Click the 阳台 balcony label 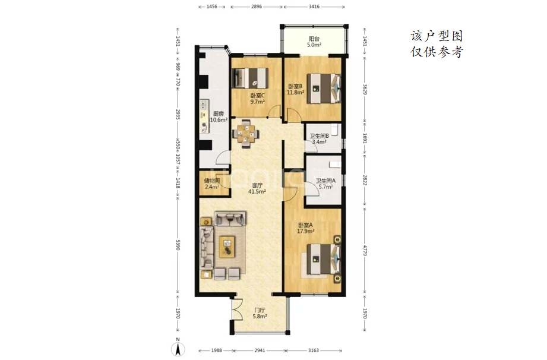(x=314, y=39)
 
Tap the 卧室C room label (x=257, y=96)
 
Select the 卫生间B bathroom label (x=319, y=136)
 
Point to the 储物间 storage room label (x=212, y=181)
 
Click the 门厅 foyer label (x=260, y=310)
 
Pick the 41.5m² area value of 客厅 (x=257, y=191)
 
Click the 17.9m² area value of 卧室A (x=306, y=231)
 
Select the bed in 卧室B (x=323, y=89)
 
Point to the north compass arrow (x=178, y=348)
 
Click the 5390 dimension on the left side (x=178, y=245)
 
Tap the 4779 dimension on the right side (x=365, y=251)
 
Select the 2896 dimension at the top (x=257, y=7)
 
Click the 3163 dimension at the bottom (x=314, y=350)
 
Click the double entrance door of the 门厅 (x=237, y=309)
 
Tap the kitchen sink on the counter (x=204, y=105)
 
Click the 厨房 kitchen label (x=219, y=113)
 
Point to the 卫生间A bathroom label (x=326, y=181)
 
